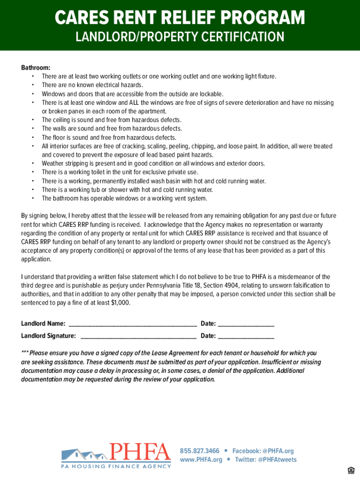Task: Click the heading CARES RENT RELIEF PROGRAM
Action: point(180,19)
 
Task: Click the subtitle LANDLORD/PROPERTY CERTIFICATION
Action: point(180,37)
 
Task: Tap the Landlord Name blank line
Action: point(132,324)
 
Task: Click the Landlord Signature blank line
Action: point(138,336)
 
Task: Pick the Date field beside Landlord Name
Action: point(246,324)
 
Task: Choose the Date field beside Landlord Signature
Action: point(246,336)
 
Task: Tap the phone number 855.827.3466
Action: point(200,451)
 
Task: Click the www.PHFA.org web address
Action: point(201,460)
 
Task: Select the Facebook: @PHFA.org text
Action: point(263,451)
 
